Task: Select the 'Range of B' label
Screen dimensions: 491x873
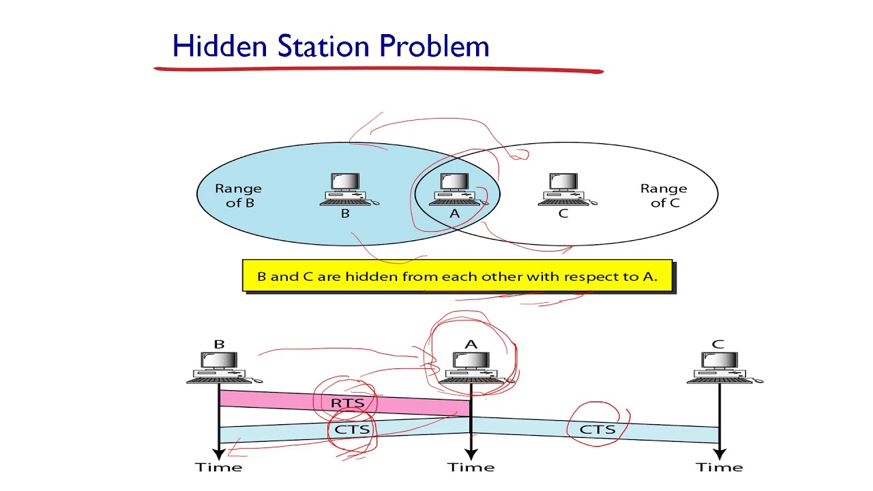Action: (x=238, y=195)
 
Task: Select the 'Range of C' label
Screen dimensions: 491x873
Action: (x=663, y=195)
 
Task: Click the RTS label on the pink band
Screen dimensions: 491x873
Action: (x=348, y=403)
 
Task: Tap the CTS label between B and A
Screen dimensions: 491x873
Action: (x=352, y=429)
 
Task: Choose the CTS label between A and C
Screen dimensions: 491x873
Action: (x=597, y=429)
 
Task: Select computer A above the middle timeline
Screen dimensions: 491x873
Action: (x=471, y=368)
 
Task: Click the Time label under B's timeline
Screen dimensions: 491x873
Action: (x=219, y=467)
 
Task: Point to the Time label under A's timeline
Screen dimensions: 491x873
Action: (x=471, y=467)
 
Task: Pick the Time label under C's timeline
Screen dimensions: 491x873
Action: (x=720, y=467)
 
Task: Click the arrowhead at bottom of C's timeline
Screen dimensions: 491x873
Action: (x=719, y=453)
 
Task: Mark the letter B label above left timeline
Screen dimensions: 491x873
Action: (x=219, y=344)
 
